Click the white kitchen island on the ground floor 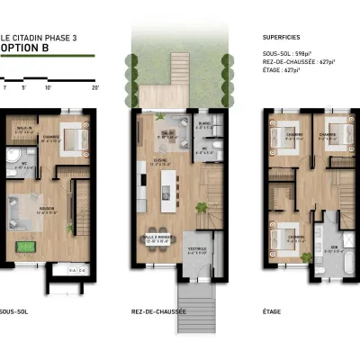tap(167, 187)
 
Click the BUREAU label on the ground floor tap(203, 124)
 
